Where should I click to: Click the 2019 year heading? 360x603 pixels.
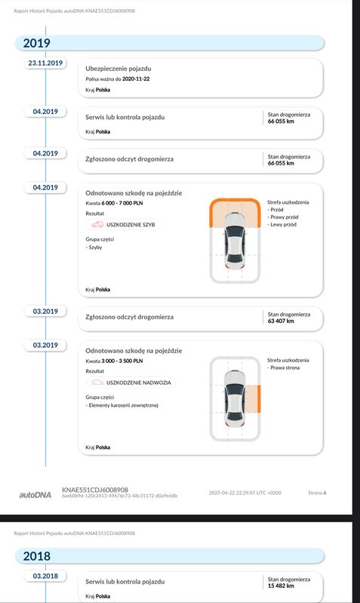pyautogui.click(x=36, y=43)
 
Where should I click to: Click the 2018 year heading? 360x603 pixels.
pyautogui.click(x=36, y=556)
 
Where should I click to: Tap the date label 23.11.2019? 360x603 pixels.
pyautogui.click(x=45, y=63)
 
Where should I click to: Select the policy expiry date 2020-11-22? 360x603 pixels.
pyautogui.click(x=136, y=78)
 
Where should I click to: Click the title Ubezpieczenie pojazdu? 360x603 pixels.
pyautogui.click(x=118, y=69)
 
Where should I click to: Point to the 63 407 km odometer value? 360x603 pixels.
pyautogui.click(x=281, y=321)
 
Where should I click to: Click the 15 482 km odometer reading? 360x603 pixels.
pyautogui.click(x=281, y=586)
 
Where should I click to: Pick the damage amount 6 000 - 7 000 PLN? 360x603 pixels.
pyautogui.click(x=122, y=203)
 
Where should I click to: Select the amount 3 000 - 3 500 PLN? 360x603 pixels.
pyautogui.click(x=122, y=361)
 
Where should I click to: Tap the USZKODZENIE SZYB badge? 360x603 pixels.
pyautogui.click(x=123, y=225)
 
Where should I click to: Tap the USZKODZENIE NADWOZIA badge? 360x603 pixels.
pyautogui.click(x=131, y=383)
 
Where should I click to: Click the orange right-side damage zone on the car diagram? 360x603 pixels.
pyautogui.click(x=254, y=398)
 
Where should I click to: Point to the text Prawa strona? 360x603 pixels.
pyautogui.click(x=285, y=368)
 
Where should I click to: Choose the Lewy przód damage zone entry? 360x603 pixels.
pyautogui.click(x=283, y=225)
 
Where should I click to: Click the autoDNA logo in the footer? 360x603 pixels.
pyautogui.click(x=35, y=495)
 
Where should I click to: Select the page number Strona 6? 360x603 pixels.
pyautogui.click(x=317, y=493)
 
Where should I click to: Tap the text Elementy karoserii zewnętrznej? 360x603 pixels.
pyautogui.click(x=123, y=405)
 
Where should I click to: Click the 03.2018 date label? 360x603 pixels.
pyautogui.click(x=45, y=576)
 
